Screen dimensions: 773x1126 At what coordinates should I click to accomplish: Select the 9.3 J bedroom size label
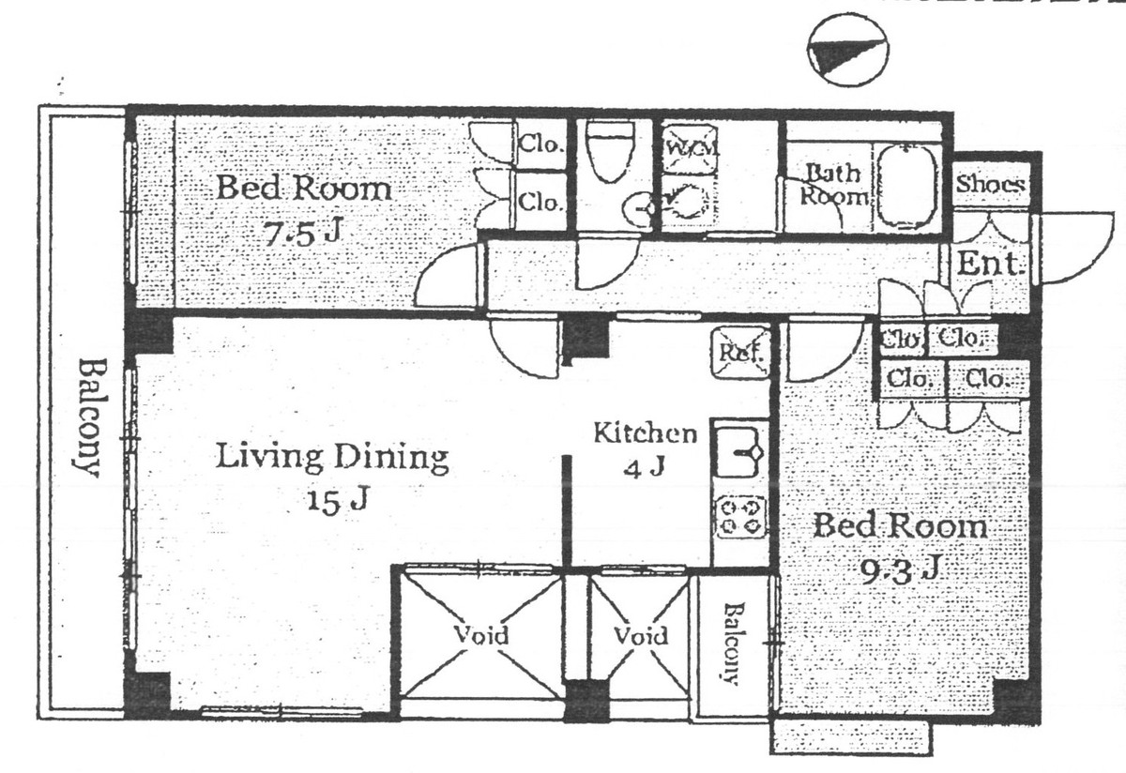(900, 568)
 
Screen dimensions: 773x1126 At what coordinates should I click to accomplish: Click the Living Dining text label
(332, 458)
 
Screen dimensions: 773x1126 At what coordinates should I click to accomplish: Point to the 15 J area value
(334, 500)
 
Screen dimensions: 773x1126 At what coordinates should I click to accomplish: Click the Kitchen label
(646, 433)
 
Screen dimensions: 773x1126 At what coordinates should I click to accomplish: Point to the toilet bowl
(610, 150)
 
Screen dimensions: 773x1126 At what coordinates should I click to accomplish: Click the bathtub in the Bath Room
(906, 187)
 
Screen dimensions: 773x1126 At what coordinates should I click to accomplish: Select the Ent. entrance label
(988, 265)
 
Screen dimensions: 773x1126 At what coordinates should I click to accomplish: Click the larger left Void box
(481, 635)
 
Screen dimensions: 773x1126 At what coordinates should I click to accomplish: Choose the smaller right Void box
(640, 635)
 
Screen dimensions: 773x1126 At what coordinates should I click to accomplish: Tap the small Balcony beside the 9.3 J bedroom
(730, 643)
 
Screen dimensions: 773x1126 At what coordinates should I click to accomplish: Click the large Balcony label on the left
(88, 417)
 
